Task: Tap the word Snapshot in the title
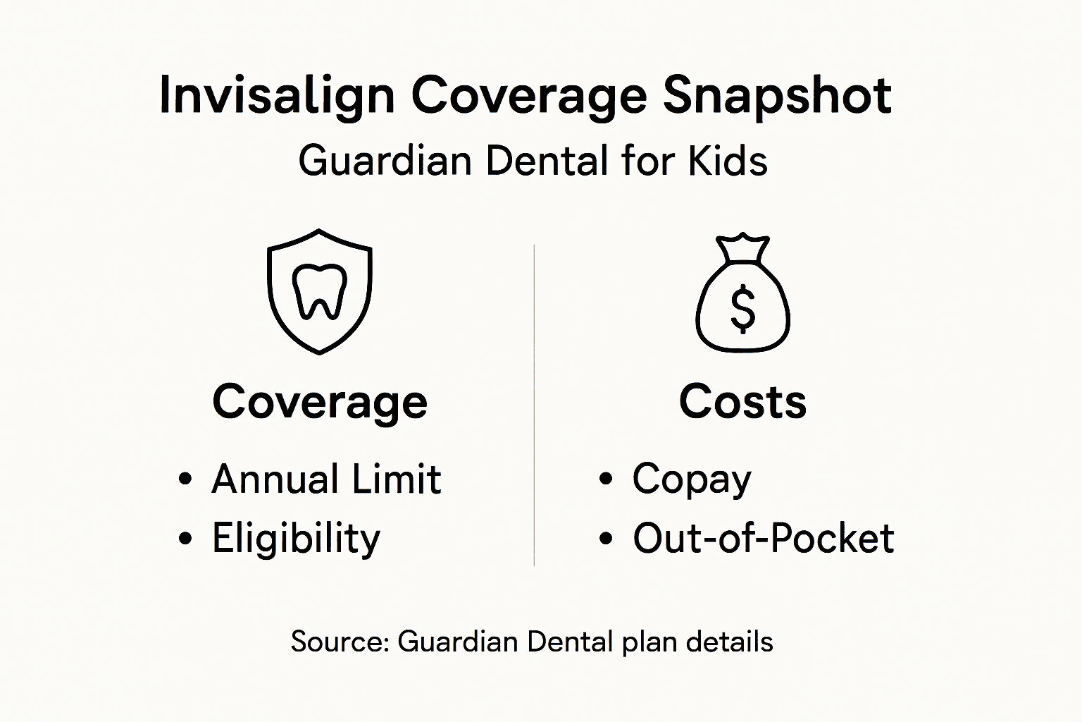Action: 777,96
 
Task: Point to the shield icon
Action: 320,291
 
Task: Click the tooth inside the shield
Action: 320,290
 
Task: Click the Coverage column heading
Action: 320,402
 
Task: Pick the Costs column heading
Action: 742,402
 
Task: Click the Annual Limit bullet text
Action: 326,479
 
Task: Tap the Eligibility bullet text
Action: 296,539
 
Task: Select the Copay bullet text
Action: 692,479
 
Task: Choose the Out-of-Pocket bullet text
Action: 763,539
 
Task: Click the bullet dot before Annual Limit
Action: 185,479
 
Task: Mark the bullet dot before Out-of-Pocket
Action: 606,539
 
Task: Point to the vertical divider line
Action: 534,405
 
